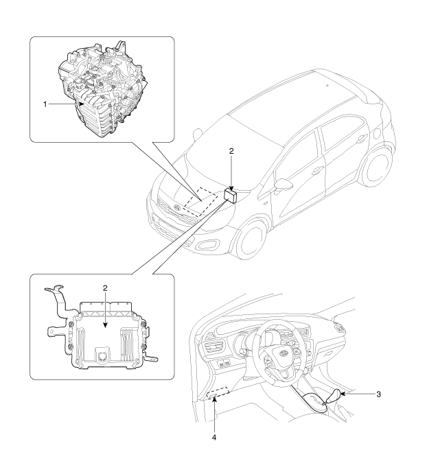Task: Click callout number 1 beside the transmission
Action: pyautogui.click(x=45, y=104)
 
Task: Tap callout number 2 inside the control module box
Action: pyautogui.click(x=105, y=287)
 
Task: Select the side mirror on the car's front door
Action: pyautogui.click(x=283, y=186)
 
